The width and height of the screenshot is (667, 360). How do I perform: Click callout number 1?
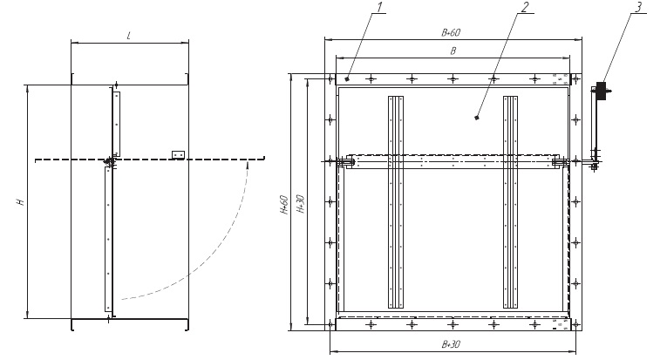(380, 7)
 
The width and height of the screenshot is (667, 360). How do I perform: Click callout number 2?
(525, 7)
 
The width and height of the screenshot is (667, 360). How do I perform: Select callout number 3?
(637, 7)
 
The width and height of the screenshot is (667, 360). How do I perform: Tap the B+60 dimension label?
(451, 33)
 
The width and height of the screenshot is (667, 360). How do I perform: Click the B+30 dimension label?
(451, 344)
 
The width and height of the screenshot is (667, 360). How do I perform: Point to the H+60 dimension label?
(284, 205)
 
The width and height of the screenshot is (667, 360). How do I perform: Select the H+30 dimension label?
(300, 204)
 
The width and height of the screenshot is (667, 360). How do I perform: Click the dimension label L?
(129, 36)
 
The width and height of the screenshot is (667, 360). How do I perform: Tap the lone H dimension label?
(20, 201)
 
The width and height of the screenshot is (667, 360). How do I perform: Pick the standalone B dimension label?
(453, 51)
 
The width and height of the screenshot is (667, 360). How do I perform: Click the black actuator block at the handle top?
(601, 91)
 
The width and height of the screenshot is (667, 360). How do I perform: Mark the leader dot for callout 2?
(477, 118)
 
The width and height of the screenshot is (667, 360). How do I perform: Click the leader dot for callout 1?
(347, 78)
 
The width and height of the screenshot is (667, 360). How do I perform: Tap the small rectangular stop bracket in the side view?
(178, 155)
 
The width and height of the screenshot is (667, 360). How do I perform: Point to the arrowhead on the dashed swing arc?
(247, 164)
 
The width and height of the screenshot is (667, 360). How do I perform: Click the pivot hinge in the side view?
(109, 161)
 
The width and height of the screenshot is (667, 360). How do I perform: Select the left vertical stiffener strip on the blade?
(396, 202)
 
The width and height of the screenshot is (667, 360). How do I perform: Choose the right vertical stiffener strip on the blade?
(510, 202)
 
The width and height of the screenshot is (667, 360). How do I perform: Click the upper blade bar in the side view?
(117, 124)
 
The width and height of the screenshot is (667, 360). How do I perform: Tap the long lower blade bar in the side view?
(108, 240)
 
